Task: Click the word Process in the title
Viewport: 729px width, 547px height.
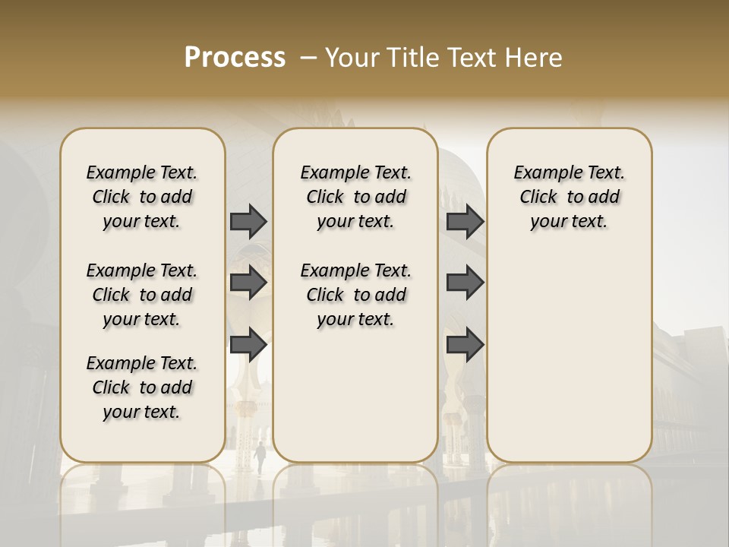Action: [x=235, y=58]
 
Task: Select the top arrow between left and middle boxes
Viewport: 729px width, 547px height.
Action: [x=248, y=221]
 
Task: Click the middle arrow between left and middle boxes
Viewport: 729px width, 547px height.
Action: [x=248, y=283]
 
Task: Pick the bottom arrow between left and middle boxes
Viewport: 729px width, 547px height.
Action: [x=248, y=344]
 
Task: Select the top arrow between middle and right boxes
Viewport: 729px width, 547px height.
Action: [x=465, y=221]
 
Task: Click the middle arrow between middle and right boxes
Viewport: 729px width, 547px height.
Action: [x=465, y=283]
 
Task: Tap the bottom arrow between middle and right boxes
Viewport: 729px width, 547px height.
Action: [x=465, y=344]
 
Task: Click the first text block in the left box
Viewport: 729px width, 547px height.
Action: [x=142, y=197]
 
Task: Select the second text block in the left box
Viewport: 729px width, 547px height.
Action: [x=142, y=295]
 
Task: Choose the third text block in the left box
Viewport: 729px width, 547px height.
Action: [x=142, y=387]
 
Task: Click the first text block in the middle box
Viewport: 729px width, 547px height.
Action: [x=355, y=197]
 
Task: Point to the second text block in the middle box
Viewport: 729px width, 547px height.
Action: [x=355, y=295]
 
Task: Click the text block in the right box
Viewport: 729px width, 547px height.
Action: [x=570, y=197]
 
